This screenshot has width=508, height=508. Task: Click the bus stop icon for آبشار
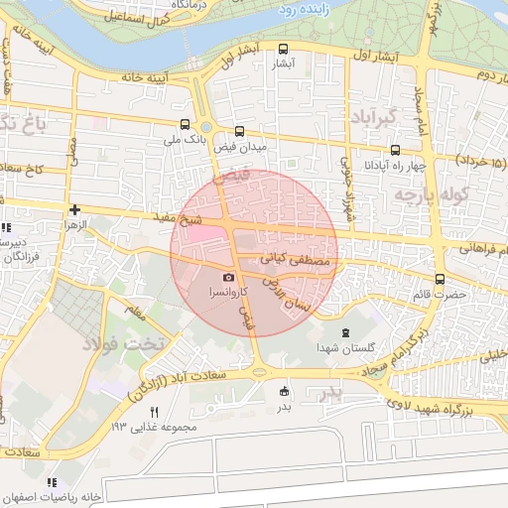coord(285,49)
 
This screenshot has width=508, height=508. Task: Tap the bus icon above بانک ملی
coord(187,125)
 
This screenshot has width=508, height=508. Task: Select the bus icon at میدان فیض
coord(239,130)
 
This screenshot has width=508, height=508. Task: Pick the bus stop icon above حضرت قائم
coord(441,279)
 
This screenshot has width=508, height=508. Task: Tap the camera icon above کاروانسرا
coord(229,278)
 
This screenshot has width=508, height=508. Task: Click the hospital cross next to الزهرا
coord(75,209)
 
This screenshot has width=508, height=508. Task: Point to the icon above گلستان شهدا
coord(345,332)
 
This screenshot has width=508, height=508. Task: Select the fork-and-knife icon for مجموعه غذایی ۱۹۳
coord(154,411)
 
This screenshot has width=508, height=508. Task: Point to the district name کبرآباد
coord(373,117)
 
